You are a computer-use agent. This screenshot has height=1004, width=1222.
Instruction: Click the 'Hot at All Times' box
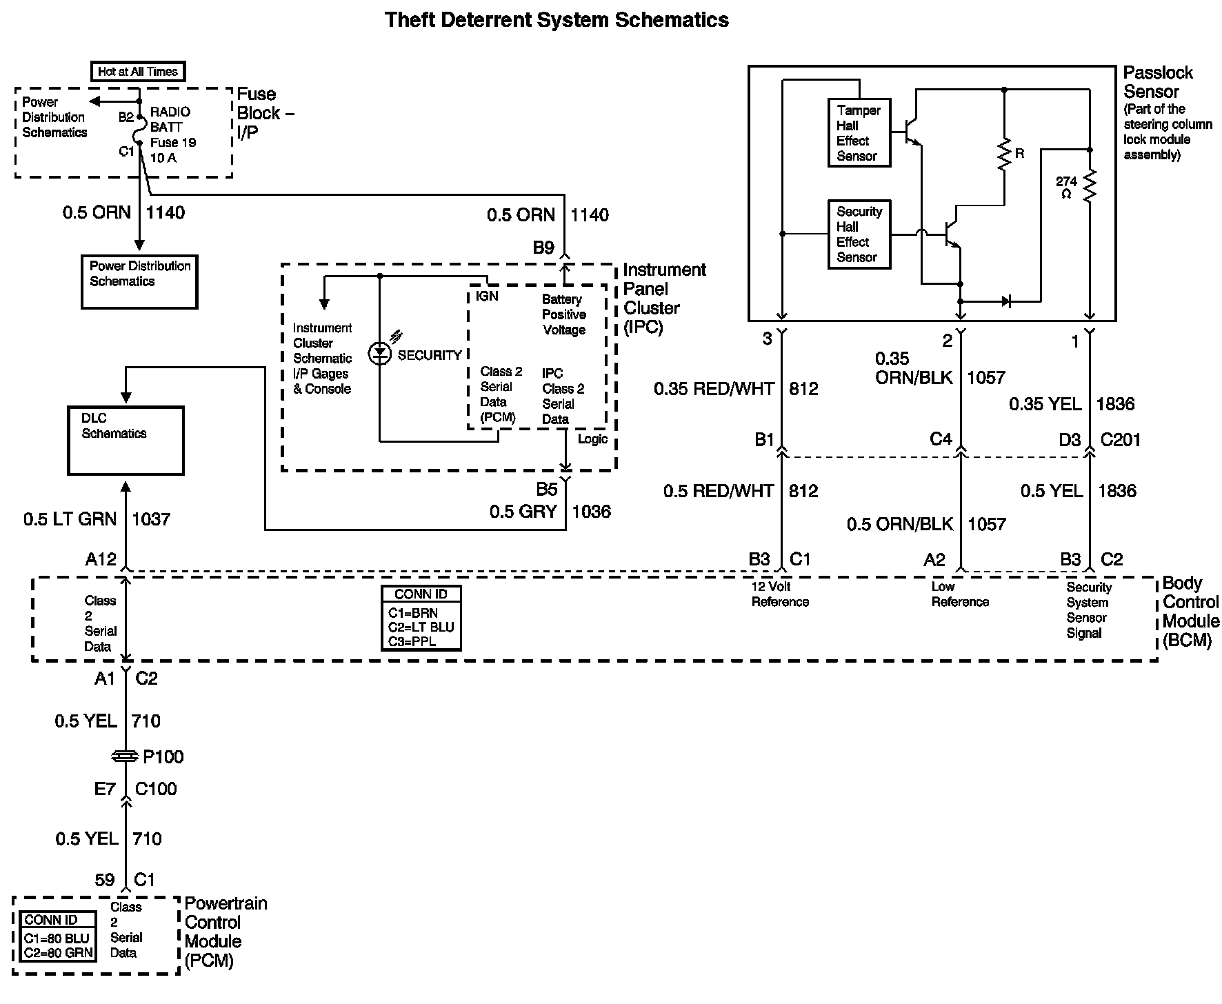[138, 71]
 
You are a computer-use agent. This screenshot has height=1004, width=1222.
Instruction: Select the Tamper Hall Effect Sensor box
[859, 132]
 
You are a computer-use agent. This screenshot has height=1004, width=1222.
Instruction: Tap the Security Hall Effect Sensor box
[859, 234]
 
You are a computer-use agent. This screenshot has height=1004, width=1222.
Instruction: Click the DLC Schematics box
[126, 441]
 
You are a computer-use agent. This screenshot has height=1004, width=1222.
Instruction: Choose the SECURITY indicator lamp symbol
[379, 354]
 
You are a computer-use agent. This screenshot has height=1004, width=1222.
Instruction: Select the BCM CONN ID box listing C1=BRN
[421, 618]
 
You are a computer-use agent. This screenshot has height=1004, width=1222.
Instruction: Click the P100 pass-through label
[163, 757]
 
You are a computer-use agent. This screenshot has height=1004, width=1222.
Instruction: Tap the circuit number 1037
[151, 519]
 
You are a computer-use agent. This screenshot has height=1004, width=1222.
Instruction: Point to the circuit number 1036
[591, 512]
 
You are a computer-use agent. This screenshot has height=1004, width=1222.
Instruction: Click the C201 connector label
[1120, 440]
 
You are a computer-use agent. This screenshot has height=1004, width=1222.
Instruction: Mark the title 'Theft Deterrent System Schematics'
[557, 20]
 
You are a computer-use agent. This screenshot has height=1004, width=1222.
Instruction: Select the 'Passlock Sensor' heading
[1157, 82]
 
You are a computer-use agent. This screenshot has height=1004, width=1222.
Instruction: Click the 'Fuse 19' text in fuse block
[173, 143]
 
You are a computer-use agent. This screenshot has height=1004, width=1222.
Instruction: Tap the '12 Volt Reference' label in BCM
[780, 594]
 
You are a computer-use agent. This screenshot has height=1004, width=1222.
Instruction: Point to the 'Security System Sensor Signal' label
[1088, 610]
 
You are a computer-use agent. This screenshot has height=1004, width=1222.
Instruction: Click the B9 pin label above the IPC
[543, 248]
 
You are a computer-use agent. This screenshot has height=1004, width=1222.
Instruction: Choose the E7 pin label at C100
[105, 789]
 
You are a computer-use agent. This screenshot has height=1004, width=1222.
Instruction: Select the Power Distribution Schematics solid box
[139, 281]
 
